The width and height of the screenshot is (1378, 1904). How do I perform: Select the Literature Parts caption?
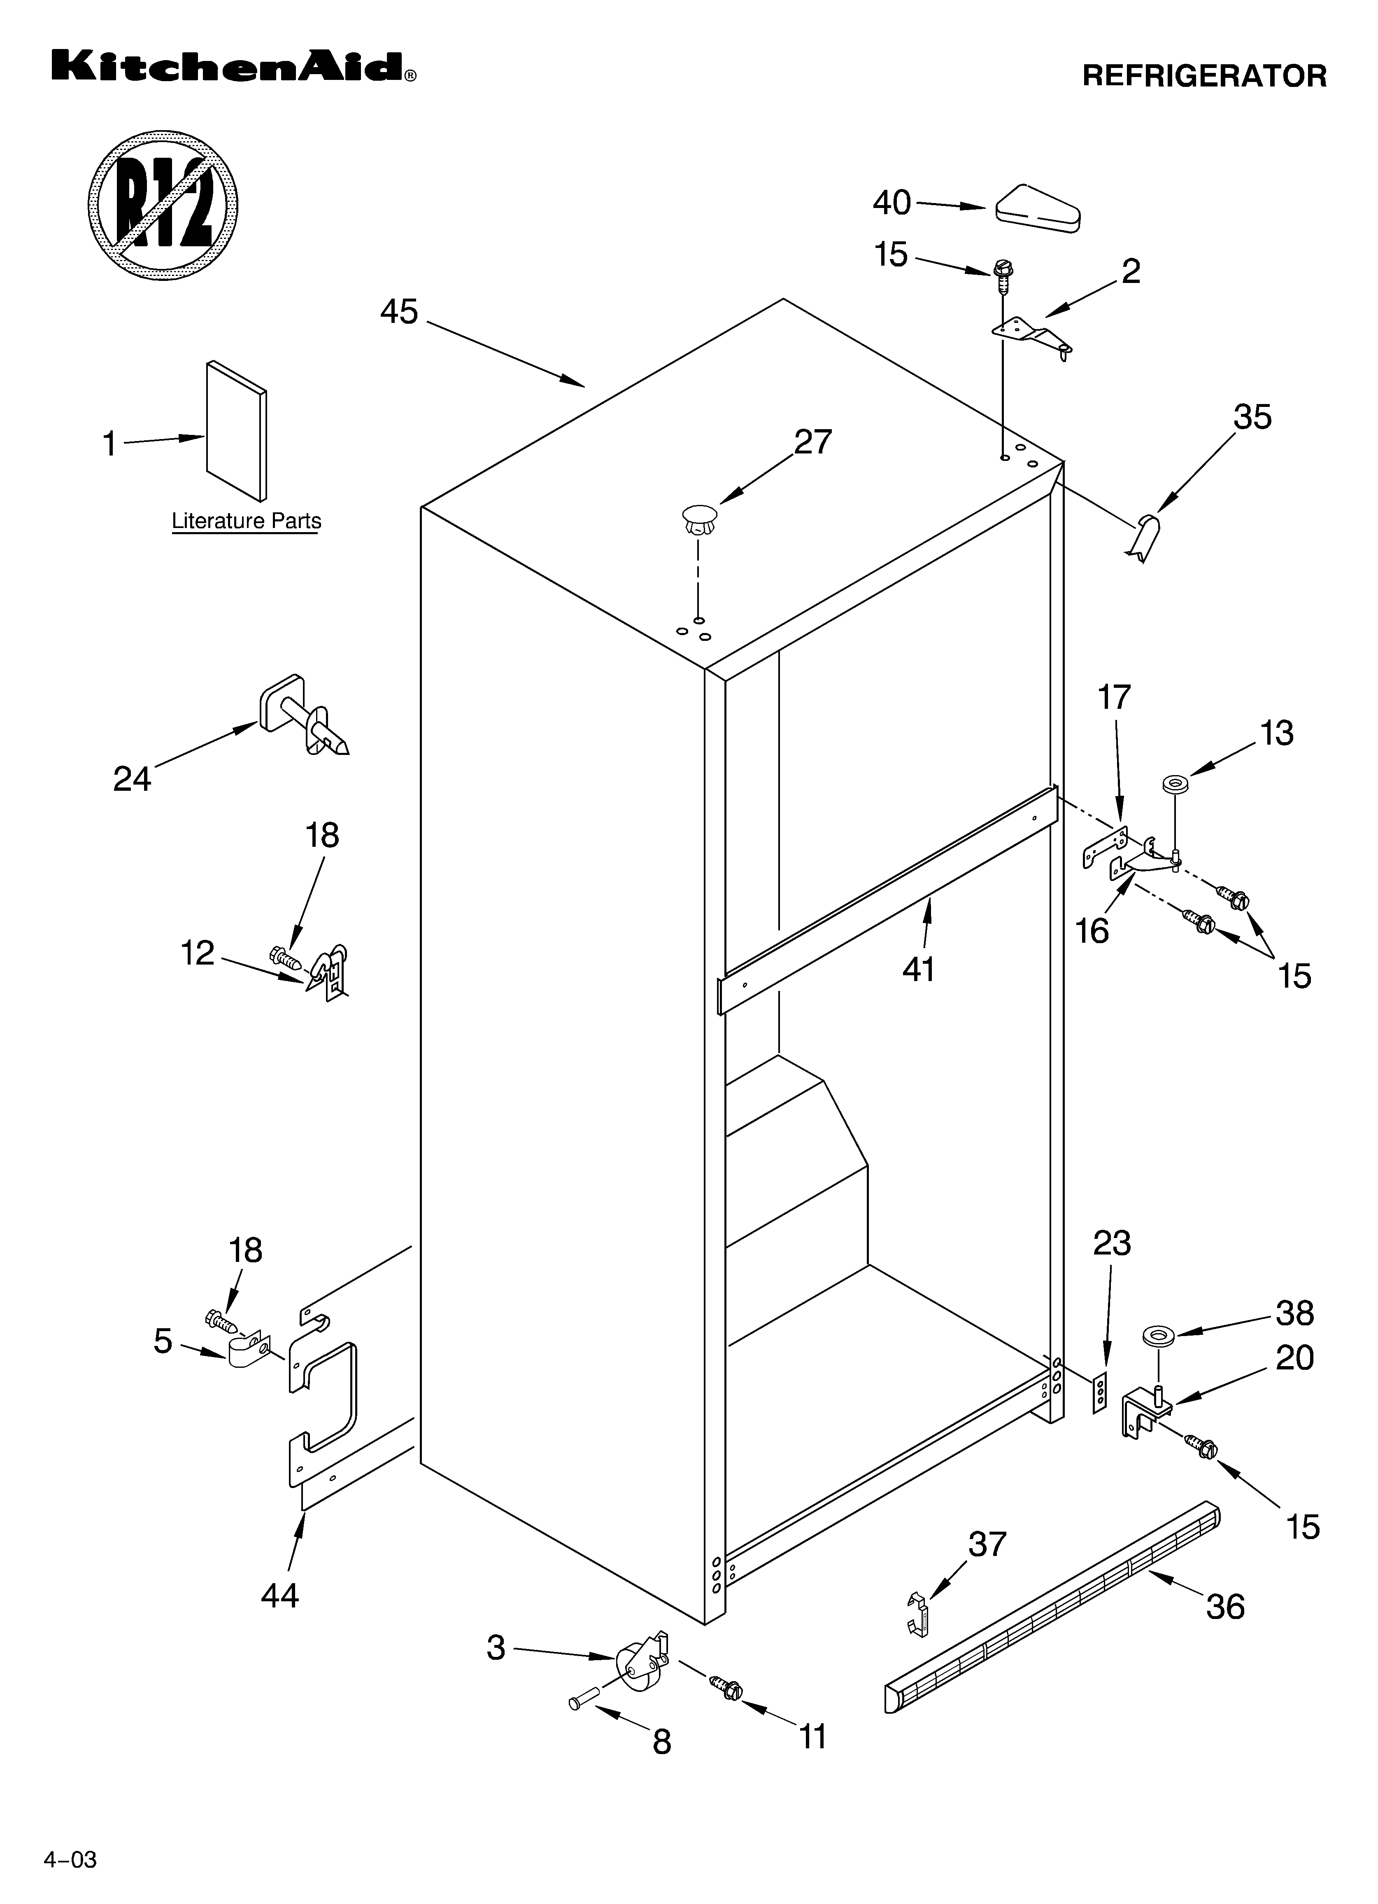click(x=246, y=521)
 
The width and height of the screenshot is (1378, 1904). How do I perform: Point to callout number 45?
click(x=400, y=312)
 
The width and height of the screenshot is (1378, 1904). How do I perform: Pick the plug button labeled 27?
click(x=699, y=518)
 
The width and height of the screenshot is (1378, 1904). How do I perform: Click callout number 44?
click(x=279, y=1595)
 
